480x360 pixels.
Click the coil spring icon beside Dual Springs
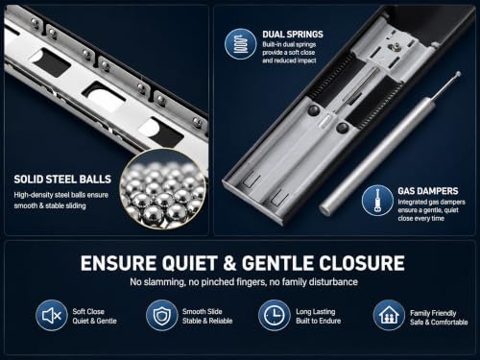point(241,44)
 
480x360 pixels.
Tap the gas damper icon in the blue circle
point(377,201)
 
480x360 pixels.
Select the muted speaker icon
point(52,316)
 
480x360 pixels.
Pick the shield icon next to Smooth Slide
point(161,316)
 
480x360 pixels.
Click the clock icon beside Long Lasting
point(274,315)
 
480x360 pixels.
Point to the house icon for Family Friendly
point(389,315)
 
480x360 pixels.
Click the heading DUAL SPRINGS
point(293,35)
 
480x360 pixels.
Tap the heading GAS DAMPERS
point(428,191)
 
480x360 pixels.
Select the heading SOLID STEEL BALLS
point(62,180)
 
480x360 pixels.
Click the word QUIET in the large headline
point(190,263)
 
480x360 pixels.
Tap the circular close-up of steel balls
point(163,189)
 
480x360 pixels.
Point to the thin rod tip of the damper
point(458,74)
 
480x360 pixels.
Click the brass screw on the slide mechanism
point(392,47)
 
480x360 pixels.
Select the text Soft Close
point(88,311)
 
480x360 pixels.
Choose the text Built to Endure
point(319,321)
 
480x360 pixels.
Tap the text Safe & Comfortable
point(439,323)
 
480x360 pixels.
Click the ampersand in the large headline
point(229,263)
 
